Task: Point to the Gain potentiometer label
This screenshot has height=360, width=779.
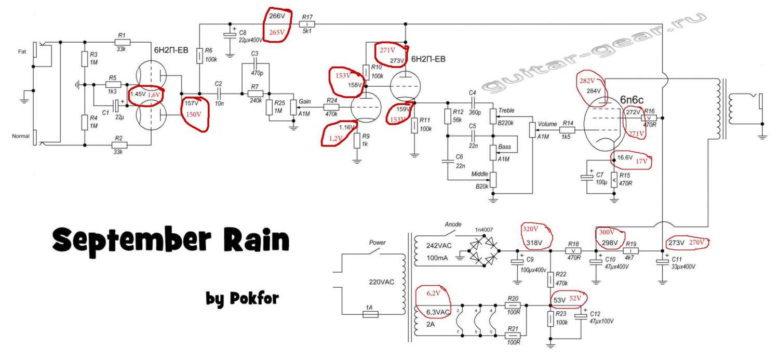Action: coord(305,101)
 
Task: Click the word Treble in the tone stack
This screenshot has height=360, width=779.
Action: coord(506,110)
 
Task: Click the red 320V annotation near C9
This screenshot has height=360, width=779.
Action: coord(531,229)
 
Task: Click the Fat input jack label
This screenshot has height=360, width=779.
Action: coord(22,52)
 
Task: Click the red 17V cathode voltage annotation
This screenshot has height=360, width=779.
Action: coord(642,161)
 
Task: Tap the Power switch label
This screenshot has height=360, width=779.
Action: coord(377,243)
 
